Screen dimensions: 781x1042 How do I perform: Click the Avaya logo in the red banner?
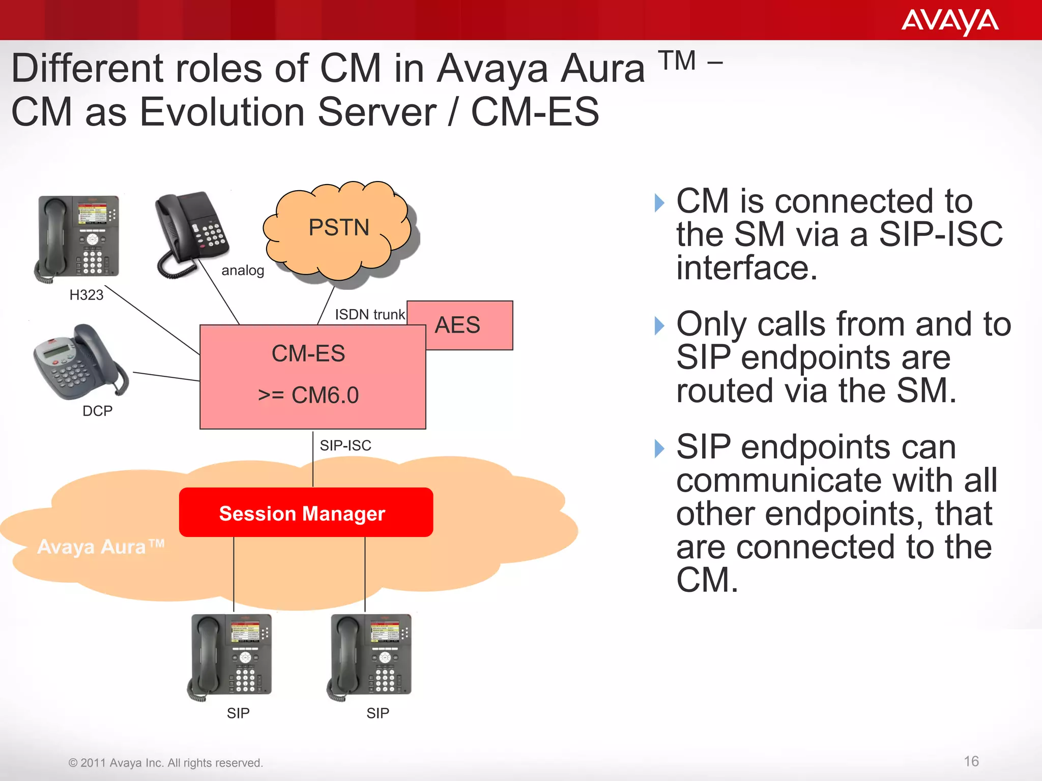click(949, 22)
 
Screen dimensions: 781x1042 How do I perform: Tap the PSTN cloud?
click(338, 228)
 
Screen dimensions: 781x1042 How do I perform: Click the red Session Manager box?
click(306, 513)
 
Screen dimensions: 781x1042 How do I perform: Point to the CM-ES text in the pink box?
click(308, 353)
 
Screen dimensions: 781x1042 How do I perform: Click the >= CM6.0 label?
click(308, 395)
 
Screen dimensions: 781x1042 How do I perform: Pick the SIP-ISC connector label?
click(345, 445)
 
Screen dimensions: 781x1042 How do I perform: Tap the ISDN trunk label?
click(369, 314)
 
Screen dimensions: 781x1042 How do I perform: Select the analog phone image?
click(191, 234)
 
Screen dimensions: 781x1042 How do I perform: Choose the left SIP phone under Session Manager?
click(232, 656)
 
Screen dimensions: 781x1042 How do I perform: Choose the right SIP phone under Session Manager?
click(371, 656)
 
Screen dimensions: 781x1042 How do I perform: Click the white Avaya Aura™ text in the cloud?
click(101, 547)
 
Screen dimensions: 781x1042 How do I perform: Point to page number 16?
click(971, 761)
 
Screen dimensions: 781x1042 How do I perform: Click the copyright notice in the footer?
click(165, 763)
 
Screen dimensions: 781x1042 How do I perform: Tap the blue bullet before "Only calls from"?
click(659, 325)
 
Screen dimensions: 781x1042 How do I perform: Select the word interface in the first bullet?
click(746, 268)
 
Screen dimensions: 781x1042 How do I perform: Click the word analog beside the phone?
click(243, 271)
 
